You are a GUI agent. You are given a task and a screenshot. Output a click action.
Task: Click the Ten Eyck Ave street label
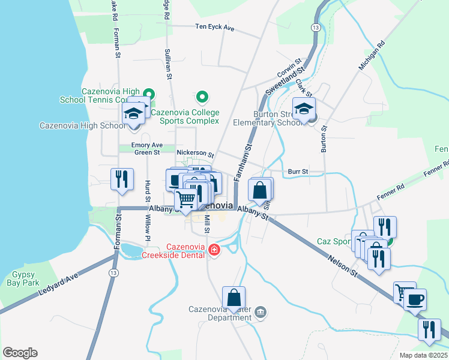[214, 28]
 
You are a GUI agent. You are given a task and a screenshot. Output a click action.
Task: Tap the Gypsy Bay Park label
[22, 278]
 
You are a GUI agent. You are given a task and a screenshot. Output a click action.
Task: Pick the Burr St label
[297, 172]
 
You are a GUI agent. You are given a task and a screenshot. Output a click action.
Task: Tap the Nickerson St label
[195, 153]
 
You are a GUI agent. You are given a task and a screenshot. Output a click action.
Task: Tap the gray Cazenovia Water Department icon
[261, 311]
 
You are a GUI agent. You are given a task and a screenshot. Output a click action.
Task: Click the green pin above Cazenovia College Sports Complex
[202, 97]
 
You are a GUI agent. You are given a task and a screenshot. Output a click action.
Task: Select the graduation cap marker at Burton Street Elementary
[304, 109]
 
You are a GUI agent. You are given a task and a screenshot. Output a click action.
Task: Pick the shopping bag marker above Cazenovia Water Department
[234, 297]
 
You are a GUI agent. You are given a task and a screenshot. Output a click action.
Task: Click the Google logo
[20, 353]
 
